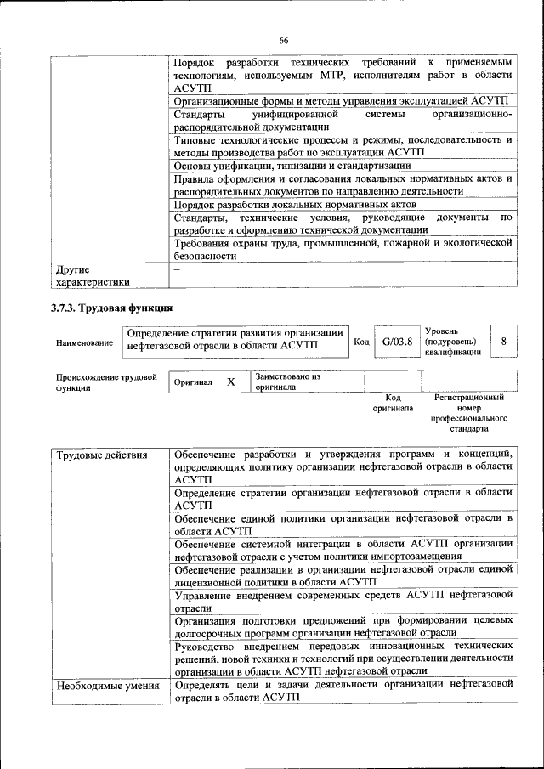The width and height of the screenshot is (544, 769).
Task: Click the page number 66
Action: (x=284, y=41)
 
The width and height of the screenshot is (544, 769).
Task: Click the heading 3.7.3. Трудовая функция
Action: (x=112, y=308)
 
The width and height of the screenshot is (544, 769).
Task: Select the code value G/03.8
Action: (x=397, y=342)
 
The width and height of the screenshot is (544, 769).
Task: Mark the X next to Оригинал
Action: (x=230, y=382)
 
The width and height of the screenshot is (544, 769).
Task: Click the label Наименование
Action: (x=84, y=342)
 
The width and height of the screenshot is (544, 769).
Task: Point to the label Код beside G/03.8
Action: (x=360, y=342)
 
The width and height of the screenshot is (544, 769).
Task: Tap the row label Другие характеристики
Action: (x=93, y=275)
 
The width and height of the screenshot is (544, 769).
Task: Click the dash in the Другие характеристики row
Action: (x=177, y=269)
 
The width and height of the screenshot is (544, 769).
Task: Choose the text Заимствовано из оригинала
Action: (x=288, y=381)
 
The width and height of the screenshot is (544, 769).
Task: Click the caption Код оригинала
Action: (x=393, y=402)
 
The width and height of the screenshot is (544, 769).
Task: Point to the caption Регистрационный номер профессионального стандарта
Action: (x=469, y=413)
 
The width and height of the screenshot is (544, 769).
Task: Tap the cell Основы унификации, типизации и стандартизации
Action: (x=292, y=166)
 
